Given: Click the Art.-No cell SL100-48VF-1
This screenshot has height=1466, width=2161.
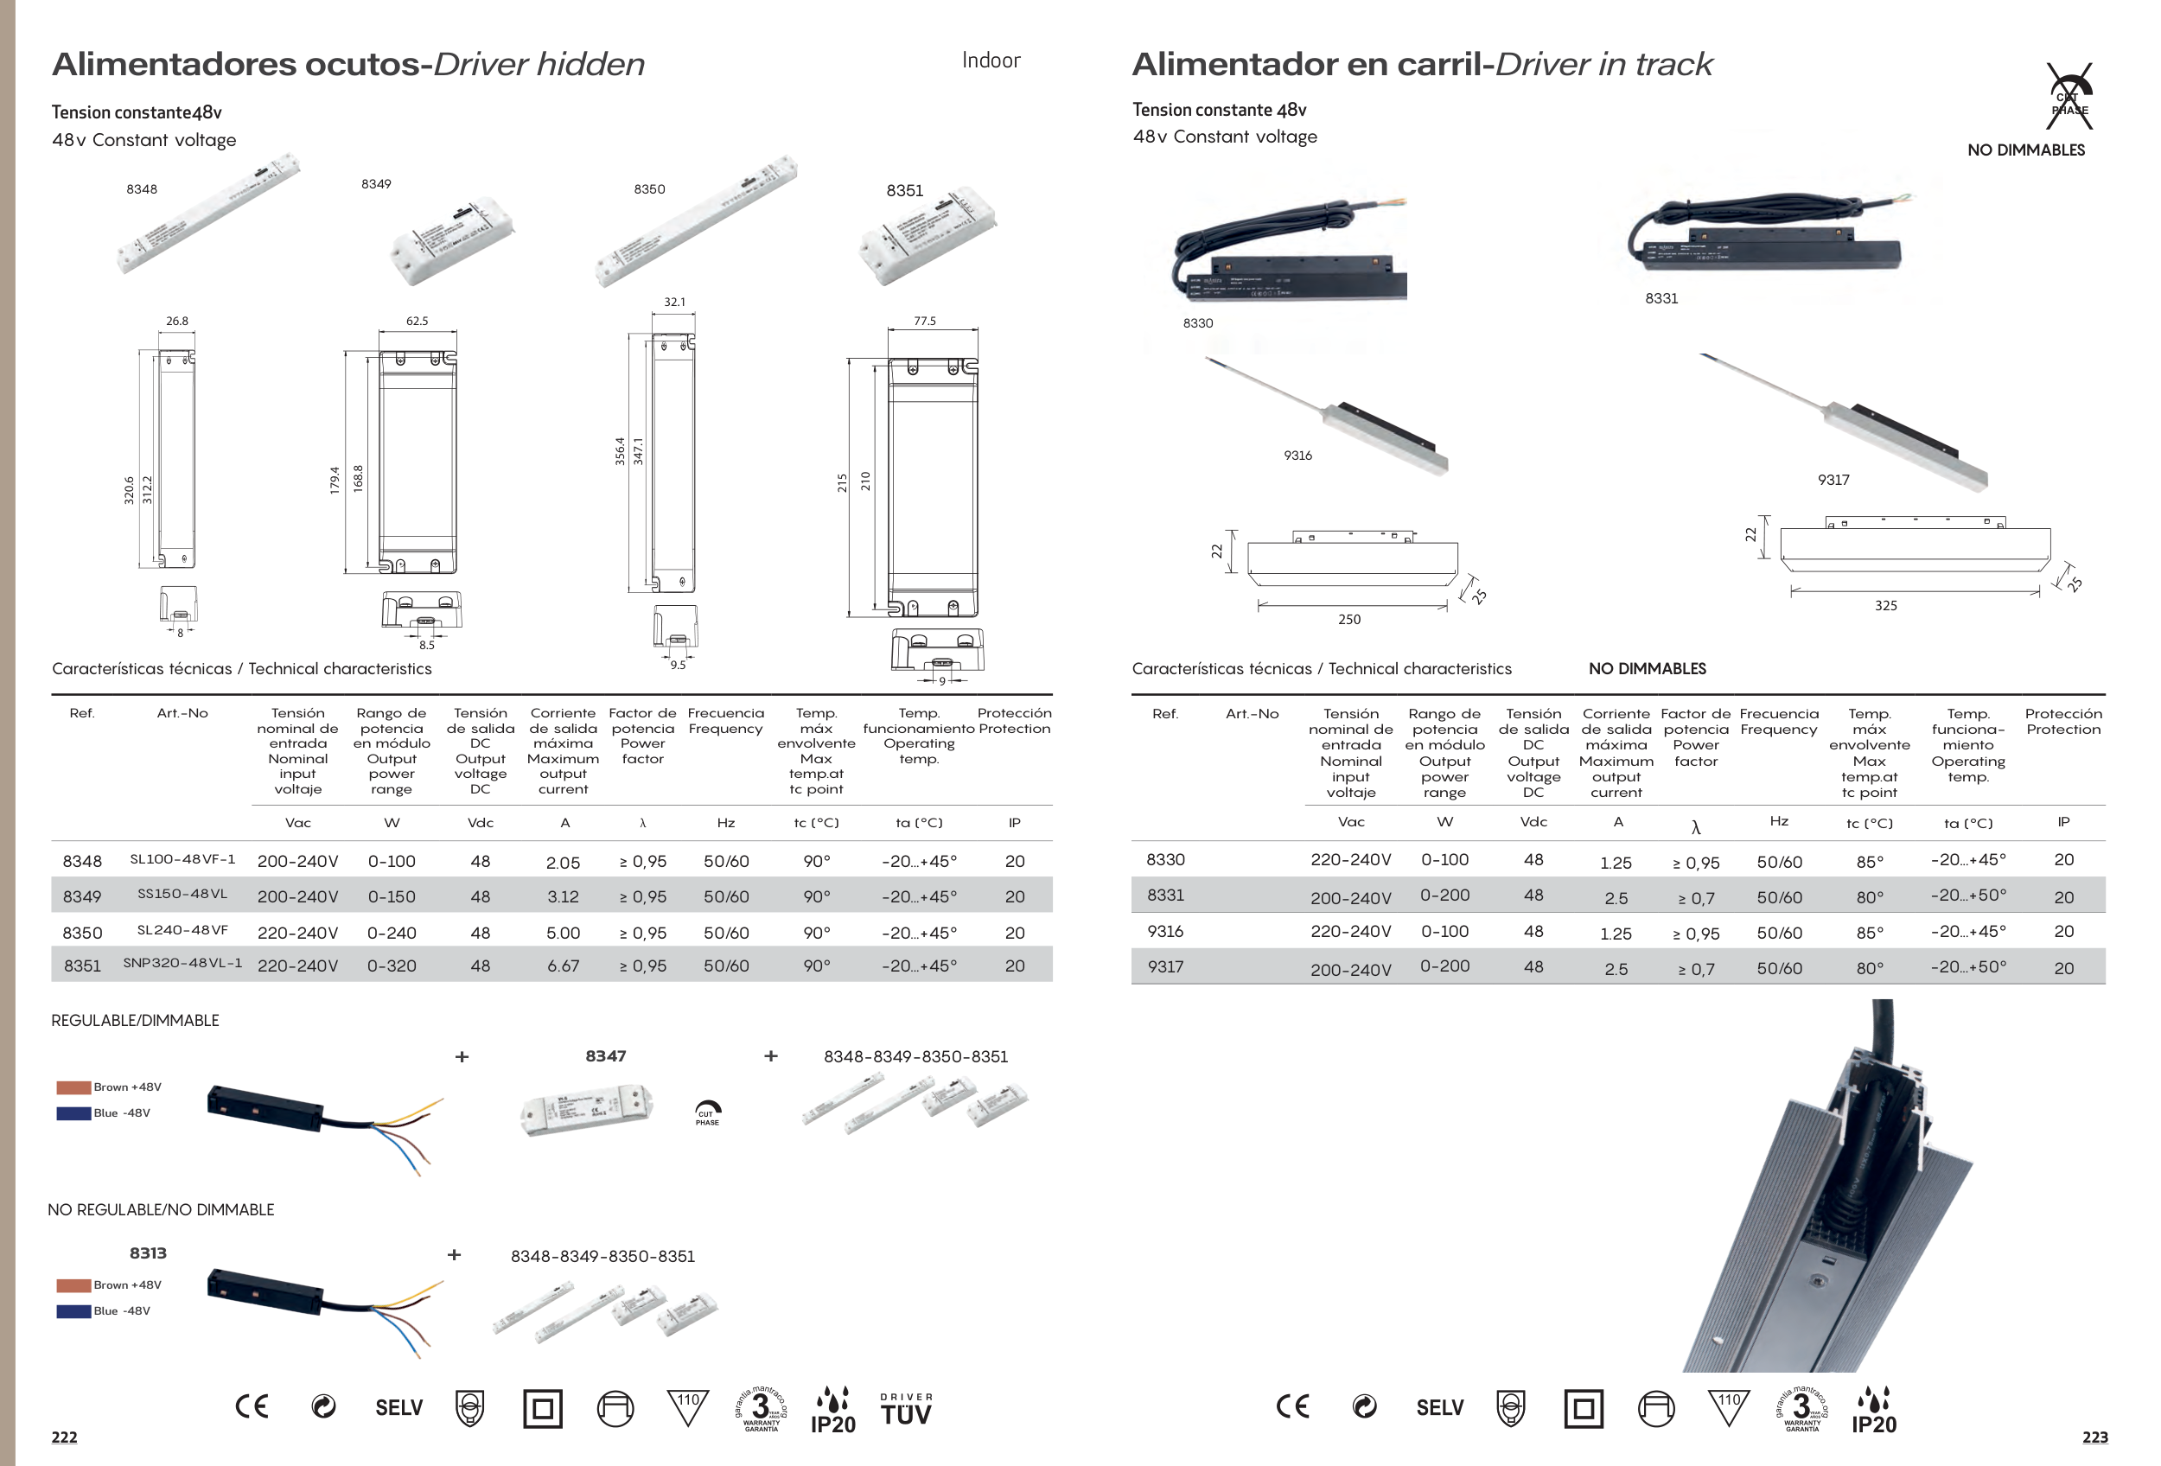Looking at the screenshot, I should point(182,860).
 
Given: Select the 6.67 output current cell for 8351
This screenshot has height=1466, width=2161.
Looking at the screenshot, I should point(563,966).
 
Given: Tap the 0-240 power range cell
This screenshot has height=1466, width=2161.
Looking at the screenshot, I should point(392,933).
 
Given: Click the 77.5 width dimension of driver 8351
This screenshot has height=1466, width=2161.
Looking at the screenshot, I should point(924,321).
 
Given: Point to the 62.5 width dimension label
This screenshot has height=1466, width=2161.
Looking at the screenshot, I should point(417,321).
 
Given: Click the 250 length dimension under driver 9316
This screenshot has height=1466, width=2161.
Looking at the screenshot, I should point(1348,619).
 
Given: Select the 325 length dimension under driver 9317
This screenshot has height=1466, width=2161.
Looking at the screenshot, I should point(1885,605).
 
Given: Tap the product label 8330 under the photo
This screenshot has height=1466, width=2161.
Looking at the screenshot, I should point(1198,323).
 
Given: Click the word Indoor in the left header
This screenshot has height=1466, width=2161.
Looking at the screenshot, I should point(991,61).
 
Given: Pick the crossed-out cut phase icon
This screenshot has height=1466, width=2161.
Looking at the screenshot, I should point(2070,98).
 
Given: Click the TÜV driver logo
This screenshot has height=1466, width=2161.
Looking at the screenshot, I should point(906,1409).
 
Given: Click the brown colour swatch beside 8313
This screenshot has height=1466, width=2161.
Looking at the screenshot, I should point(73,1285).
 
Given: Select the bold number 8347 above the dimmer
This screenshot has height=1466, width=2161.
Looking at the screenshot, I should point(605,1056).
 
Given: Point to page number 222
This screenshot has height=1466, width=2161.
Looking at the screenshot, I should point(64,1437).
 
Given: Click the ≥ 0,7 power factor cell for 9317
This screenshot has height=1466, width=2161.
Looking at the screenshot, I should point(1695,970).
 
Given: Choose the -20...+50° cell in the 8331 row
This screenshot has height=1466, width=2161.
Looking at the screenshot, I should point(1967,896).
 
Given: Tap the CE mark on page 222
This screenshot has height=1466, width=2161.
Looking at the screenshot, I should point(251,1406).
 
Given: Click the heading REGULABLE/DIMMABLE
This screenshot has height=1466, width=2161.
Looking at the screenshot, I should point(135,1021).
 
